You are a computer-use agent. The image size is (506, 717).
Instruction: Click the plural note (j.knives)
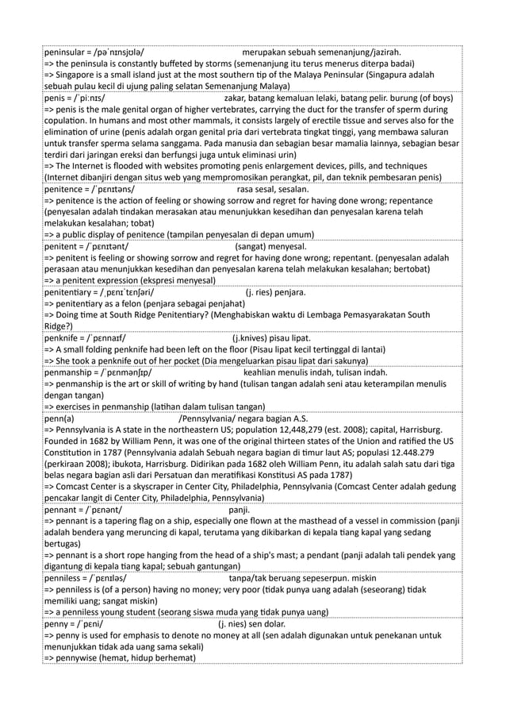[245, 339]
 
